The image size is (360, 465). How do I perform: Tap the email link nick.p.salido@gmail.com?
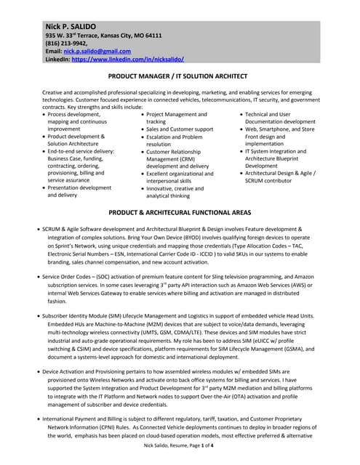(x=97, y=51)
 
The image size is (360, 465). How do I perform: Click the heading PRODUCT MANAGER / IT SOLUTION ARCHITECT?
(x=180, y=75)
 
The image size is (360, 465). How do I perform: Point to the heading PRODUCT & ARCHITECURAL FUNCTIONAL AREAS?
(x=180, y=212)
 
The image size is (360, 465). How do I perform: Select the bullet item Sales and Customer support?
(x=179, y=129)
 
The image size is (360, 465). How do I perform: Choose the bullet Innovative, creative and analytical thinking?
(x=175, y=191)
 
